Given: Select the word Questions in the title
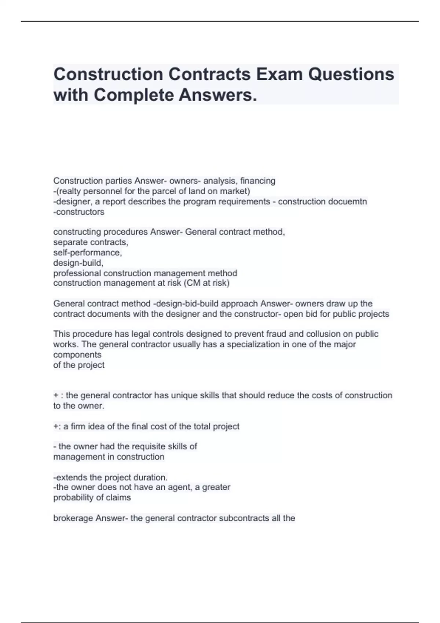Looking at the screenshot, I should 351,74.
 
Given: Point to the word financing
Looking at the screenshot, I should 257,181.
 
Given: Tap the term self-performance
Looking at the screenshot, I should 87,252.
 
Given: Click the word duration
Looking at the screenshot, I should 151,478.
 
